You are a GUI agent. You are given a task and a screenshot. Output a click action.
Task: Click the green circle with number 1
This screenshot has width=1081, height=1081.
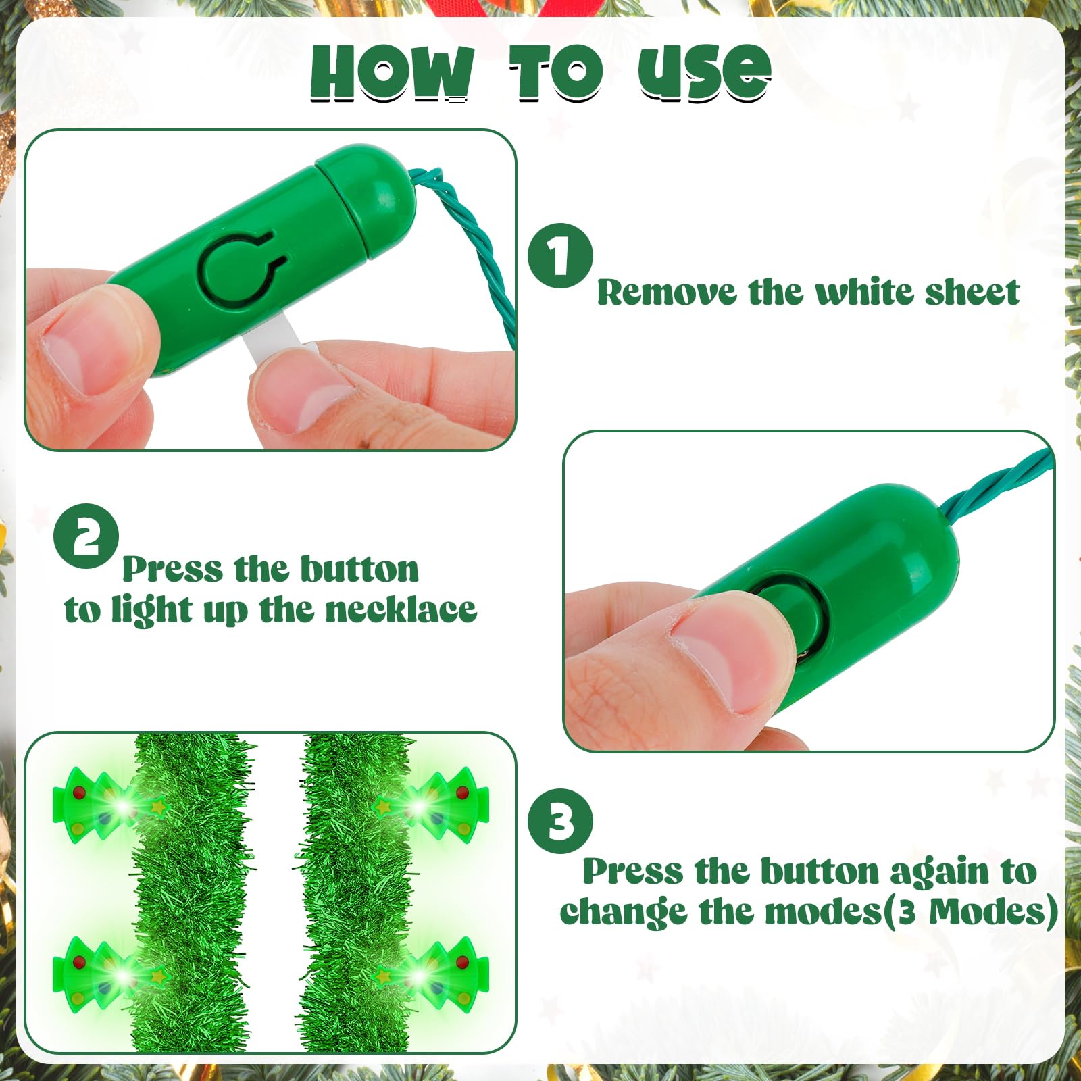(560, 256)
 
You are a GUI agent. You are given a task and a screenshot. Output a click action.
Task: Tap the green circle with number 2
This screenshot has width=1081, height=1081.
(86, 536)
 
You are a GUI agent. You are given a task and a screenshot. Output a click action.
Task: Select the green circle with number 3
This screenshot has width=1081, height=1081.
(560, 822)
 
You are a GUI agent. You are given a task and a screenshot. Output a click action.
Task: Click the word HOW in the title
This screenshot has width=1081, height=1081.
(393, 72)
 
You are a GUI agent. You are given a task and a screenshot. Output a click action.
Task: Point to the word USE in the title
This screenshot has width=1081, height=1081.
(704, 72)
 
